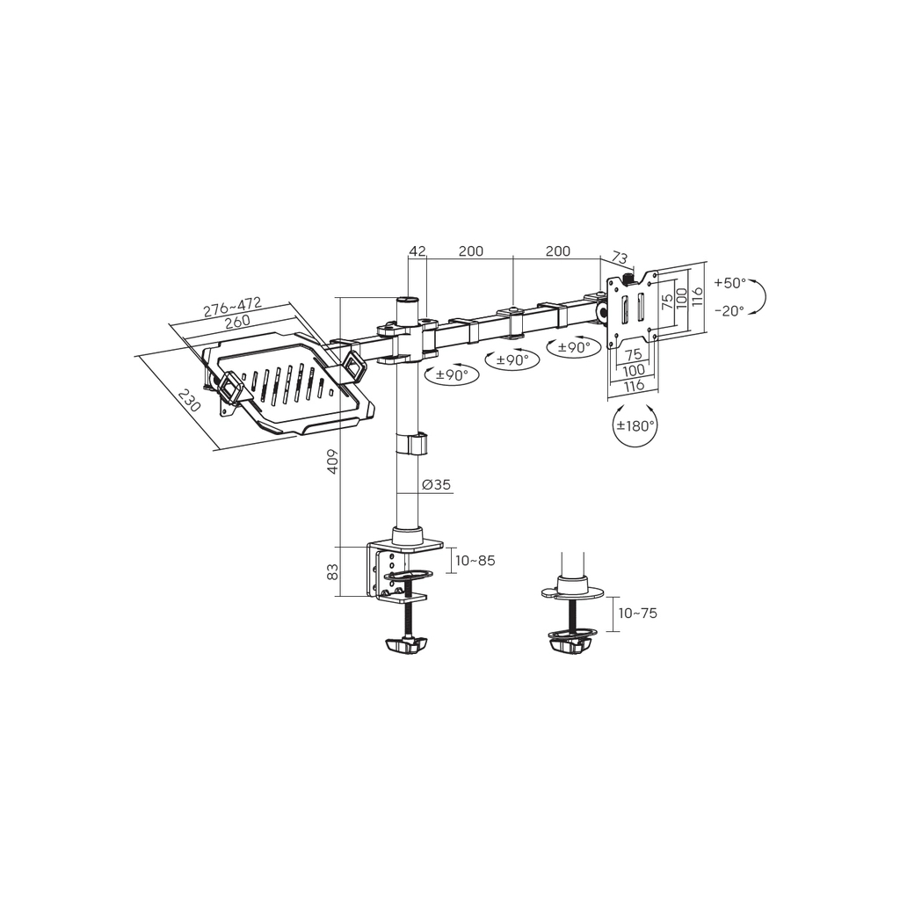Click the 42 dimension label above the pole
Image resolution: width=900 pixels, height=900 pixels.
tap(417, 250)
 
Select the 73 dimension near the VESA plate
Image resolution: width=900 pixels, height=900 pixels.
tap(620, 258)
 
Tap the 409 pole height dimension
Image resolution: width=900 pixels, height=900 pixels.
tap(333, 461)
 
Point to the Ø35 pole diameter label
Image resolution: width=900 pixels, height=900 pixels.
tap(436, 485)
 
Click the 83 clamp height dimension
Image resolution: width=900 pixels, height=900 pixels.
tap(333, 572)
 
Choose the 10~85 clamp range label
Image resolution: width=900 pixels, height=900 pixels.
tap(475, 560)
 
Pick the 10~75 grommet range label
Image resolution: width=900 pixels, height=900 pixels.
tap(638, 613)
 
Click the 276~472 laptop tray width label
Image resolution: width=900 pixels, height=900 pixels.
tap(232, 307)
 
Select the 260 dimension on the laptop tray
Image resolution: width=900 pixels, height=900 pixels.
tap(237, 322)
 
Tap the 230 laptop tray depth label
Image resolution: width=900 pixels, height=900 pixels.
tap(189, 400)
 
